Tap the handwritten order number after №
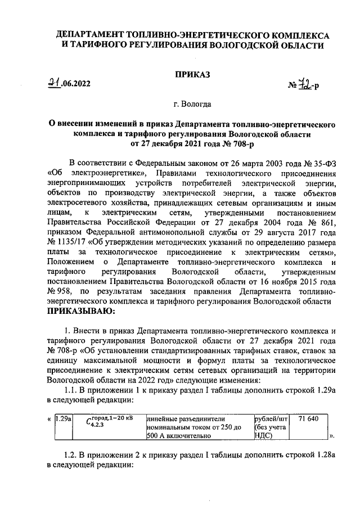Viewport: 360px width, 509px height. (305, 84)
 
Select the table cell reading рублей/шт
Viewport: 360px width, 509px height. (271, 418)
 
